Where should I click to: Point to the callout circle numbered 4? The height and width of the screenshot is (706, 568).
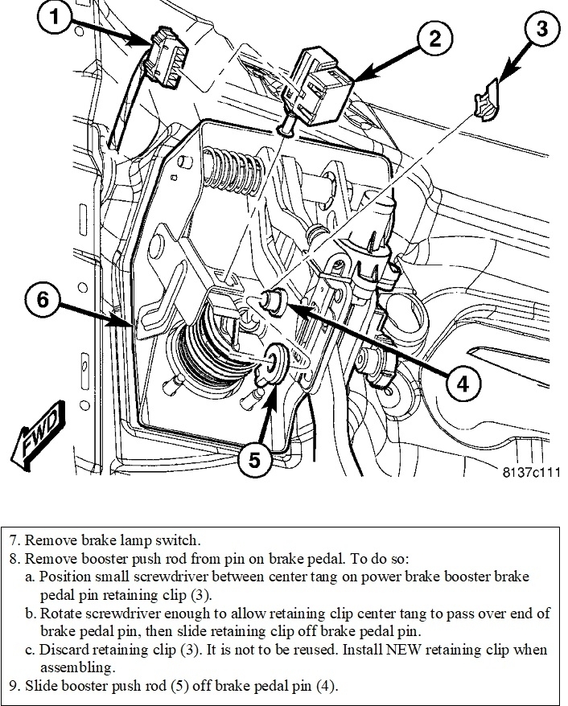click(461, 384)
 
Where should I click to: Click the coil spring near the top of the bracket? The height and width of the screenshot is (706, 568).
click(237, 170)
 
